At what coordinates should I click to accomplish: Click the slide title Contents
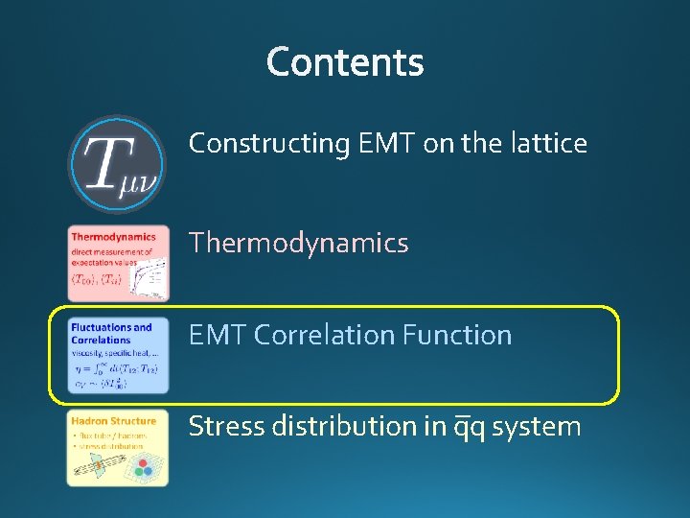[x=345, y=62]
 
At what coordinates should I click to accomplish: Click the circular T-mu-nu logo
[x=117, y=164]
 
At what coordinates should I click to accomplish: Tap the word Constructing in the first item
[x=269, y=144]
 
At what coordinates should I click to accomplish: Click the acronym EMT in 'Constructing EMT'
[x=387, y=144]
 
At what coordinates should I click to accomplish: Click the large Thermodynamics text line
[x=298, y=244]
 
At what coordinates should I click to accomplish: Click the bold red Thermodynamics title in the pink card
[x=113, y=237]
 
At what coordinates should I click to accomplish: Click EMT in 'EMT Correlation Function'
[x=218, y=336]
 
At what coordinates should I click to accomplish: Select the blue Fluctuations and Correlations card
[x=118, y=356]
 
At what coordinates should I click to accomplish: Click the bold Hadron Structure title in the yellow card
[x=113, y=421]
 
